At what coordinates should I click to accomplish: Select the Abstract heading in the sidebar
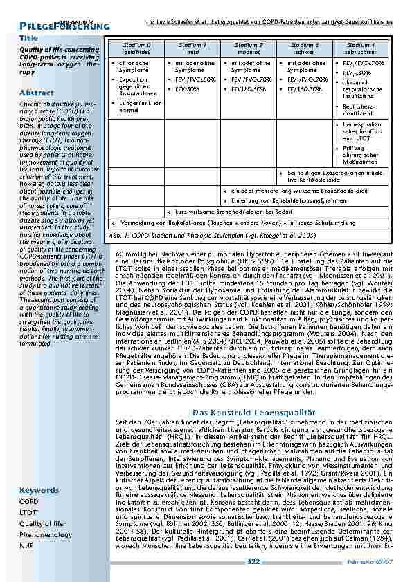click(x=37, y=93)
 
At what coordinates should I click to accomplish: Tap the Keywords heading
click(x=39, y=490)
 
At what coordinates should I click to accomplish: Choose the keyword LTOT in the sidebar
click(x=28, y=513)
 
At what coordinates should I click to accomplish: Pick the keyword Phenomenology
click(x=46, y=535)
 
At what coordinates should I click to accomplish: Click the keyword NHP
click(x=26, y=546)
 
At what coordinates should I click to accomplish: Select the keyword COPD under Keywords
click(x=29, y=502)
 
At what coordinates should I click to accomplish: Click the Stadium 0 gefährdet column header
click(x=136, y=48)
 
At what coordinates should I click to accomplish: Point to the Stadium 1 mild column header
click(x=193, y=48)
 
